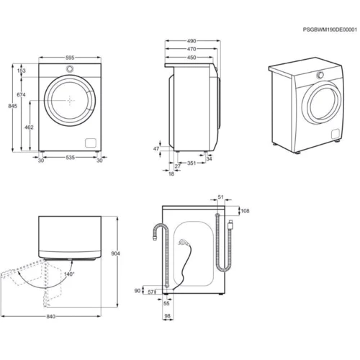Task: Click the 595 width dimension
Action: (70, 58)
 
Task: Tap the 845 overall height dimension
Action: (12, 106)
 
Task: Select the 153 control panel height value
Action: (22, 71)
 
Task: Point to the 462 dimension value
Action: (29, 127)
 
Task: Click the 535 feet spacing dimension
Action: (70, 158)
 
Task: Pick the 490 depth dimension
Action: (192, 41)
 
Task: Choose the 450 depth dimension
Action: (192, 58)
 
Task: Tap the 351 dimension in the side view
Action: (192, 163)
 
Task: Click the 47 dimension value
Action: (156, 149)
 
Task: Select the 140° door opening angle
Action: (69, 274)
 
